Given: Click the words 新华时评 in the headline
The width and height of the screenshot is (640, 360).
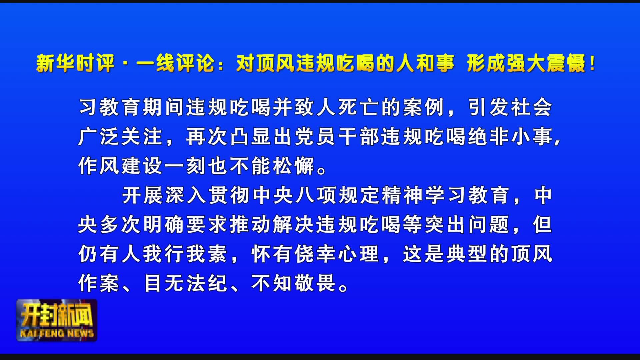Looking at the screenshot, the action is tap(75, 63).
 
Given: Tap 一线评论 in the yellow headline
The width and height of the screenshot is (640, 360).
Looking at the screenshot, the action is tap(176, 63).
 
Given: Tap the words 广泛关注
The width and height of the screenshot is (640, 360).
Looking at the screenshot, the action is tap(120, 137).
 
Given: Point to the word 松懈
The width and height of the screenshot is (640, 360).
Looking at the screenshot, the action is tap(294, 166).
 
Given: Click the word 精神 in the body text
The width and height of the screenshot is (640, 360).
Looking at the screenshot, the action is tap(402, 195).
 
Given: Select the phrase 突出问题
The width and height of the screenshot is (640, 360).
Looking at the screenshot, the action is tap(467, 225).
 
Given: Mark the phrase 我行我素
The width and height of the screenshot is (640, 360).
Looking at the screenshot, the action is tap(185, 254).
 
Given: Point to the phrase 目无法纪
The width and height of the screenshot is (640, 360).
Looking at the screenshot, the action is tap(185, 283).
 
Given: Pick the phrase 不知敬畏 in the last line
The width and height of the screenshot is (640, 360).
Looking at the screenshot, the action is tap(294, 283).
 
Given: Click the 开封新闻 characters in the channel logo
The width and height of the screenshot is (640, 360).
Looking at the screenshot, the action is tap(57, 315).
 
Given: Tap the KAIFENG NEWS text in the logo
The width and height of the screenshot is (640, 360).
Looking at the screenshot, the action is tap(57, 333).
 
